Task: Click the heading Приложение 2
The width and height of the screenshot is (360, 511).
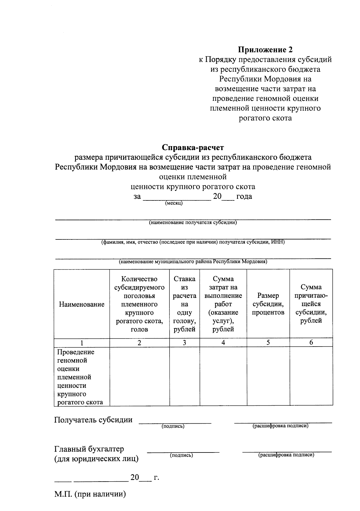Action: (x=265, y=50)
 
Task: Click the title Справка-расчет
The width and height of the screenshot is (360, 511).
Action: (x=193, y=148)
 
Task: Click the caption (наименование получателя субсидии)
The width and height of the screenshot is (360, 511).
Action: (x=193, y=223)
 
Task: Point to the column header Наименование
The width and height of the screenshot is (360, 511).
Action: (x=82, y=304)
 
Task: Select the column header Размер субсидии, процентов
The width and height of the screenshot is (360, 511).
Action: (x=268, y=304)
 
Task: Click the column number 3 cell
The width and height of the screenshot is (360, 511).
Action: (x=184, y=343)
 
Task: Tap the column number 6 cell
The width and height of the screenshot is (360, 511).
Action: (x=311, y=342)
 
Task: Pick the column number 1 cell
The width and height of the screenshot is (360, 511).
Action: (x=82, y=343)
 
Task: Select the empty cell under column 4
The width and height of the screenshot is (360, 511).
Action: (x=223, y=376)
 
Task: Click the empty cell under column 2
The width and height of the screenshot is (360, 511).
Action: (x=139, y=376)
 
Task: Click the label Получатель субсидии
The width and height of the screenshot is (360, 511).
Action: (x=93, y=420)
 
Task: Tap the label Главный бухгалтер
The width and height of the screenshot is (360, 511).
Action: (x=89, y=449)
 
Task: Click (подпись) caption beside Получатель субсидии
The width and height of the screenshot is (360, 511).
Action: (x=173, y=426)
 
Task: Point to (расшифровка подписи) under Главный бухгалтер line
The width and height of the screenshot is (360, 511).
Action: (x=286, y=455)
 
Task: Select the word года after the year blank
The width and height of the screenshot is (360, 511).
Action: (x=244, y=197)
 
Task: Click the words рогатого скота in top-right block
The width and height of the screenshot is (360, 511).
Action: (x=265, y=118)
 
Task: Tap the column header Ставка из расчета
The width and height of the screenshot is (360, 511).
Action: (x=184, y=291)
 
